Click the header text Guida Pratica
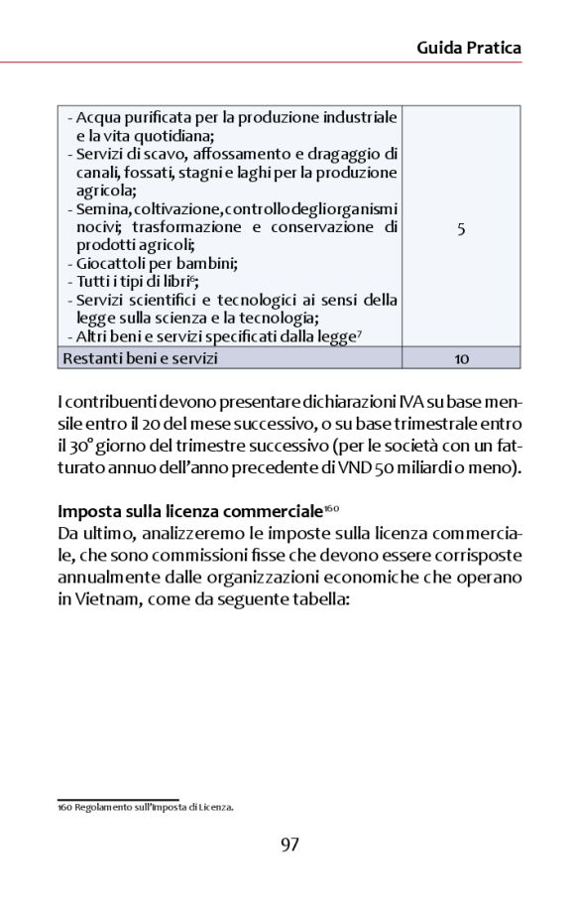tap(468, 47)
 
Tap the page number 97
tap(289, 845)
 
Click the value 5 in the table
tap(461, 228)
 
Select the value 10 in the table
tap(461, 358)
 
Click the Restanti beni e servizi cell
tap(140, 358)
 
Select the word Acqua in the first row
tap(98, 118)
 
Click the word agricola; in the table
tap(106, 191)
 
